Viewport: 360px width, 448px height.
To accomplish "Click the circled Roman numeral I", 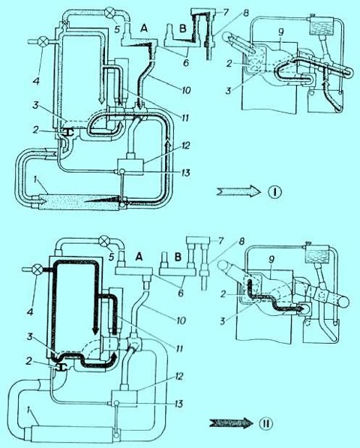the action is [274, 192].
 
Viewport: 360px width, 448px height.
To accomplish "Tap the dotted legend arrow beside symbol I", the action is [238, 192].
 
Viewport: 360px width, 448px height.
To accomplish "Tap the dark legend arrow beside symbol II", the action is [231, 423].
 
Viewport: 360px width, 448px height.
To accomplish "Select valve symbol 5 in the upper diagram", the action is [110, 13].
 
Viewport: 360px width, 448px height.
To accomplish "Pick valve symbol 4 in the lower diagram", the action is [37, 269].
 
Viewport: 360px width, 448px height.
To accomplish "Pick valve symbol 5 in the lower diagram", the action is [103, 242].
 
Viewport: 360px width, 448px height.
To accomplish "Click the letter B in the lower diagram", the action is [178, 257].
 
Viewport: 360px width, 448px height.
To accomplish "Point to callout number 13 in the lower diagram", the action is [178, 404].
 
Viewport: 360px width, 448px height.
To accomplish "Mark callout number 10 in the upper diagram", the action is [184, 91].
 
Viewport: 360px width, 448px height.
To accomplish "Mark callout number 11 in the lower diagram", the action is [179, 349].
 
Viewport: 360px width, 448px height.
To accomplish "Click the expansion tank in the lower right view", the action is [317, 254].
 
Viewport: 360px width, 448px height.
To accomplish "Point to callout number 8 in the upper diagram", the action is [238, 14].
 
